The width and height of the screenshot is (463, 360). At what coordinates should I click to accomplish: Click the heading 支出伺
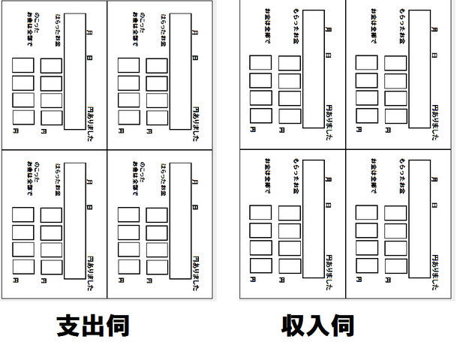point(93,325)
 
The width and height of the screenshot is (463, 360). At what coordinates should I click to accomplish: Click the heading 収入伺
point(317,325)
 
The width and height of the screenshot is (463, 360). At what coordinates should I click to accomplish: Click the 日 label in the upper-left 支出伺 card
point(90,58)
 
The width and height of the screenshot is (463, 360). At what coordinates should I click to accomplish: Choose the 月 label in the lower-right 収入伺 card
point(434,178)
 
